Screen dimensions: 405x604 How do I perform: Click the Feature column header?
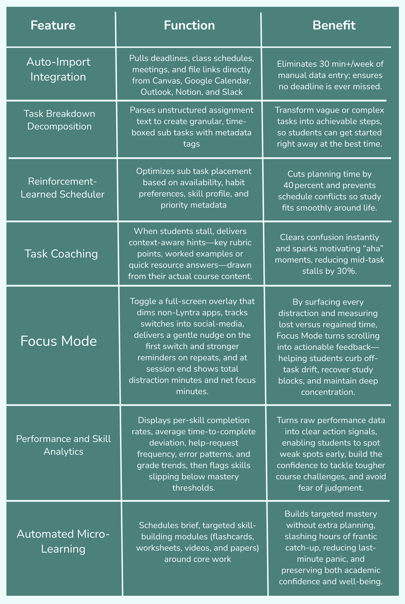(x=53, y=25)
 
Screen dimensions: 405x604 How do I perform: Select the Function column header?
(x=189, y=25)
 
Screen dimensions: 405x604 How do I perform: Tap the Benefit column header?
(x=334, y=25)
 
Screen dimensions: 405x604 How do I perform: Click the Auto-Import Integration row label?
(x=58, y=69)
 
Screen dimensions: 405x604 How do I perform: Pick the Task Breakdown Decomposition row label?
(x=59, y=120)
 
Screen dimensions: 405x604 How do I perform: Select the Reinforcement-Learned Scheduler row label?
(x=63, y=188)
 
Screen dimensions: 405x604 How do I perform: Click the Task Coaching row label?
(x=61, y=254)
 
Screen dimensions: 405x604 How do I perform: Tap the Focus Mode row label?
(x=59, y=341)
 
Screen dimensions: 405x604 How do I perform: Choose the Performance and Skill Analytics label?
(x=63, y=445)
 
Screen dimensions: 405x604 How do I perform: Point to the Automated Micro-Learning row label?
(x=63, y=541)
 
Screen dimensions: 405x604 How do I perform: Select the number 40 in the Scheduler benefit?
(x=289, y=186)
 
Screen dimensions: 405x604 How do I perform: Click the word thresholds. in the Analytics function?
(x=194, y=488)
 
